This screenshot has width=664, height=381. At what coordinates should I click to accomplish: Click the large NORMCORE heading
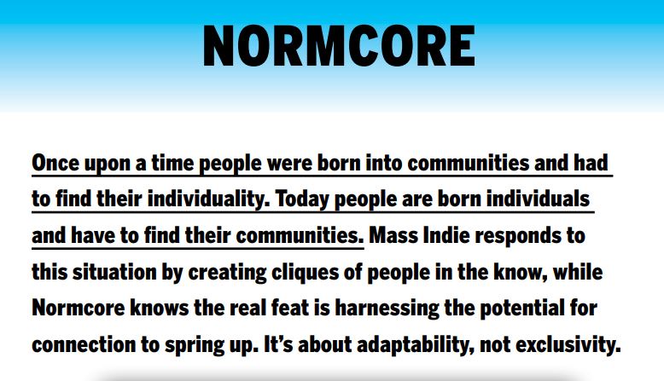[339, 46]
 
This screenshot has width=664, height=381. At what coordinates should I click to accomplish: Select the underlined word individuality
[208, 199]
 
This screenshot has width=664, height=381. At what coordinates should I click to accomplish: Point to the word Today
[302, 199]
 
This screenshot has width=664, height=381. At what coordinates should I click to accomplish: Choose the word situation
[114, 272]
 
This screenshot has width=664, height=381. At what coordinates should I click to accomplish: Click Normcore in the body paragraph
[79, 309]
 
